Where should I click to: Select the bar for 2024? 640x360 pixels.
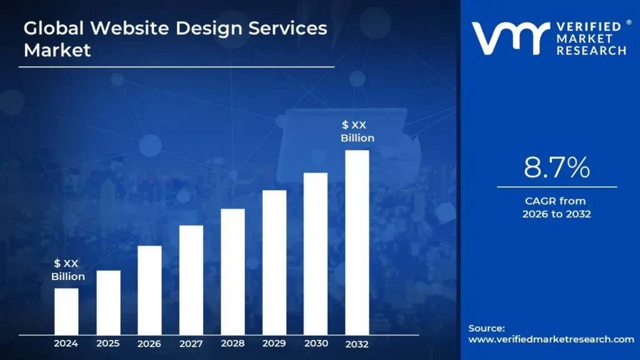66,311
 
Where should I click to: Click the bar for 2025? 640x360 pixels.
108,302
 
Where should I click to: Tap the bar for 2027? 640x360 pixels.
191,279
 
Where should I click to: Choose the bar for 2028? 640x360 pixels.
232,271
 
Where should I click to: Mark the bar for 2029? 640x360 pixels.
274,262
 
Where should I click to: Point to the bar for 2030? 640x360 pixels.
316,253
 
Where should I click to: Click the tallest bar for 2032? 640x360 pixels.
357,242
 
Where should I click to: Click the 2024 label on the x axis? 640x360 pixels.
66,343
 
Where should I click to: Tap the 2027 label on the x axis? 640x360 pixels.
191,343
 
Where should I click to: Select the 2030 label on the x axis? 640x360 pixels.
316,343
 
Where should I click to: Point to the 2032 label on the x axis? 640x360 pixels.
357,343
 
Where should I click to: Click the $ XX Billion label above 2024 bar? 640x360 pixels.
67,270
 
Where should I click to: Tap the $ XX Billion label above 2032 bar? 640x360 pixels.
357,132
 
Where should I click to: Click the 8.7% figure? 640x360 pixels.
556,168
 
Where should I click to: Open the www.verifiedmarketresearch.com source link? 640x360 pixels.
551,339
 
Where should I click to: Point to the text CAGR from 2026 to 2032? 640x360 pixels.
556,207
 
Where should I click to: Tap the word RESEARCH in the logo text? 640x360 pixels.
592,50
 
